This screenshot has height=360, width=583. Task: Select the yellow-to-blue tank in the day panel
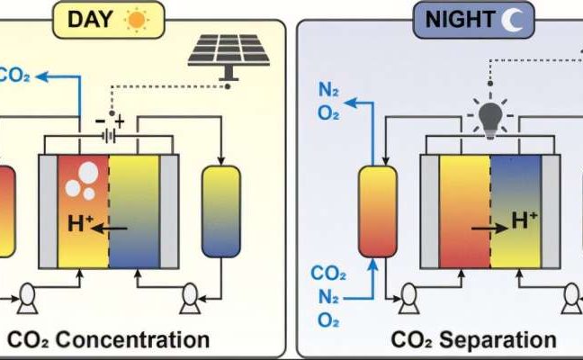[x=220, y=213]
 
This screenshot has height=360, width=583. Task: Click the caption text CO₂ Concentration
[x=109, y=339]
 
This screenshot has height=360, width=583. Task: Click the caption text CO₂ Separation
[x=473, y=339]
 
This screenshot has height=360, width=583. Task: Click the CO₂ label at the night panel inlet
[x=327, y=273]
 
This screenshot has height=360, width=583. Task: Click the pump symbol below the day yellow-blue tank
[x=190, y=293]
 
